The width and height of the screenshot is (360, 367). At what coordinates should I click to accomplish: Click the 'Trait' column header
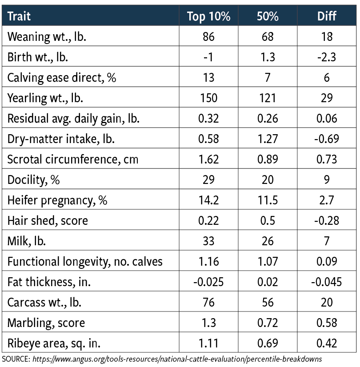pyautogui.click(x=19, y=17)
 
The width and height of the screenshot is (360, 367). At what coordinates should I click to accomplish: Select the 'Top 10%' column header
pyautogui.click(x=208, y=17)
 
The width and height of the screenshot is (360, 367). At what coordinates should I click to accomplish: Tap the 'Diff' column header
pyautogui.click(x=327, y=17)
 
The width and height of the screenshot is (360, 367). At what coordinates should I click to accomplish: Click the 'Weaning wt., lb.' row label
pyautogui.click(x=47, y=36)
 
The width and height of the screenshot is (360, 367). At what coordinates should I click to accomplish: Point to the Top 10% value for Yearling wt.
pyautogui.click(x=208, y=98)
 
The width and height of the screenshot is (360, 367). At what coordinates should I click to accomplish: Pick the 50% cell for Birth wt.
pyautogui.click(x=268, y=57)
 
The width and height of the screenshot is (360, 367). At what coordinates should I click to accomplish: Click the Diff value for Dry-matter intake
pyautogui.click(x=327, y=139)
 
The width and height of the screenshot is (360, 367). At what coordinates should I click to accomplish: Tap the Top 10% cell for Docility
pyautogui.click(x=208, y=180)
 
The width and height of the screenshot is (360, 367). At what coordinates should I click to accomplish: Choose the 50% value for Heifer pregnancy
pyautogui.click(x=268, y=200)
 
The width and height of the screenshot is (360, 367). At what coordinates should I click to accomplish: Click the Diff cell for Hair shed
pyautogui.click(x=327, y=220)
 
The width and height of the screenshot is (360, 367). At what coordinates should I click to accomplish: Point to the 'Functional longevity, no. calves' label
pyautogui.click(x=85, y=261)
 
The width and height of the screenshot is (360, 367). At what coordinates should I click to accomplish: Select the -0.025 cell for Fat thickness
pyautogui.click(x=208, y=282)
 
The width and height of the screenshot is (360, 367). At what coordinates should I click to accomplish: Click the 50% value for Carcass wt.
pyautogui.click(x=268, y=302)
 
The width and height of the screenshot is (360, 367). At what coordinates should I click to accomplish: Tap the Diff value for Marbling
pyautogui.click(x=327, y=323)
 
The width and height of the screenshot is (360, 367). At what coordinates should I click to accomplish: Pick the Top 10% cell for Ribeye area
pyautogui.click(x=208, y=343)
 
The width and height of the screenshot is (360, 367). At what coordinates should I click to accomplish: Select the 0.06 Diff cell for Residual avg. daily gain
pyautogui.click(x=327, y=118)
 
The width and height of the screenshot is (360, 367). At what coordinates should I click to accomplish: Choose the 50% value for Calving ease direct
pyautogui.click(x=268, y=77)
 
